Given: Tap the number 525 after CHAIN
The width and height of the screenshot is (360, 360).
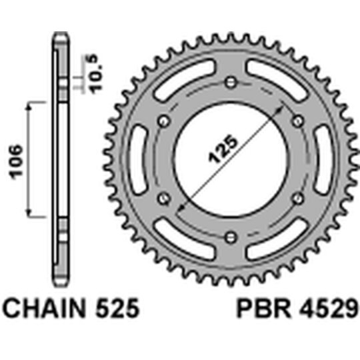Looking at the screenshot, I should point(116,309).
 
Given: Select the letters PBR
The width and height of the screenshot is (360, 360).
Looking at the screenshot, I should point(257,309).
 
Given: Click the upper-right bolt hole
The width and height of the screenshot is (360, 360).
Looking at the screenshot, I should point(297,121).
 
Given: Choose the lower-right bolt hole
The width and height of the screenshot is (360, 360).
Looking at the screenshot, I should point(297,197).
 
